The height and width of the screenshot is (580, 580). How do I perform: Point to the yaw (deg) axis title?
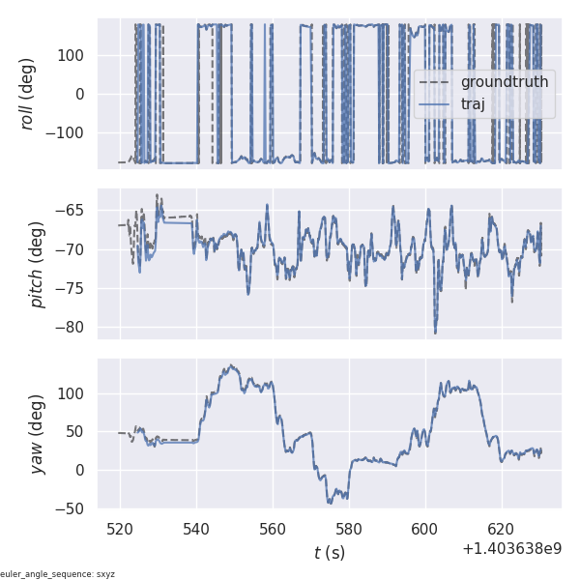(38, 434)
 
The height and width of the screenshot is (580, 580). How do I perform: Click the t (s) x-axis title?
(330, 553)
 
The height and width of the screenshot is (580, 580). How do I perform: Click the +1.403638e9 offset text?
(511, 548)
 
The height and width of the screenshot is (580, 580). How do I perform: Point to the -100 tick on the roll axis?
(70, 133)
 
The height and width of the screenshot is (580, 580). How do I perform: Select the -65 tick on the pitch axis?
(74, 210)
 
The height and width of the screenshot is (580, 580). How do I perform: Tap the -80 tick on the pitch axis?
(74, 327)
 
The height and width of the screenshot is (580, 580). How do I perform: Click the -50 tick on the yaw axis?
(74, 508)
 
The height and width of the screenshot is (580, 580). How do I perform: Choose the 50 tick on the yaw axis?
(78, 432)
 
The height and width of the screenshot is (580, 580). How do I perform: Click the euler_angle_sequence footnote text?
(58, 574)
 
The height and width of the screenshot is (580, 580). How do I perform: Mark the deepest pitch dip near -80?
(435, 333)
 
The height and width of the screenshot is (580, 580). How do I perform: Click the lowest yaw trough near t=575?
(330, 503)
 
